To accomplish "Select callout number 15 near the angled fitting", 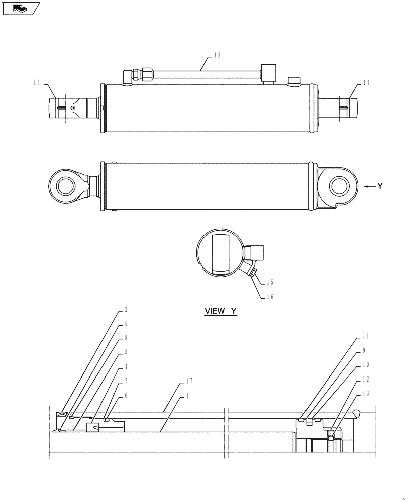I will [270, 283].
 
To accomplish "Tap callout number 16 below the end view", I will [270, 297].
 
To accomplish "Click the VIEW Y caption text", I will [220, 311].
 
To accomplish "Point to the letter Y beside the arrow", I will [380, 186].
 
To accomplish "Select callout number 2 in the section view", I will [125, 310].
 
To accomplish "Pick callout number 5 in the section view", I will [125, 324].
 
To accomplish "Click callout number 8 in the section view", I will [125, 338].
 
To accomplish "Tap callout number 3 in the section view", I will [125, 352].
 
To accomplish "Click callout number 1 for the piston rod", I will [187, 395].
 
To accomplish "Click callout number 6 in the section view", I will [125, 395].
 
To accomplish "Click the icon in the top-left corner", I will [21, 9].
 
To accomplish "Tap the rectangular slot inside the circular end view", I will [220, 253].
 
